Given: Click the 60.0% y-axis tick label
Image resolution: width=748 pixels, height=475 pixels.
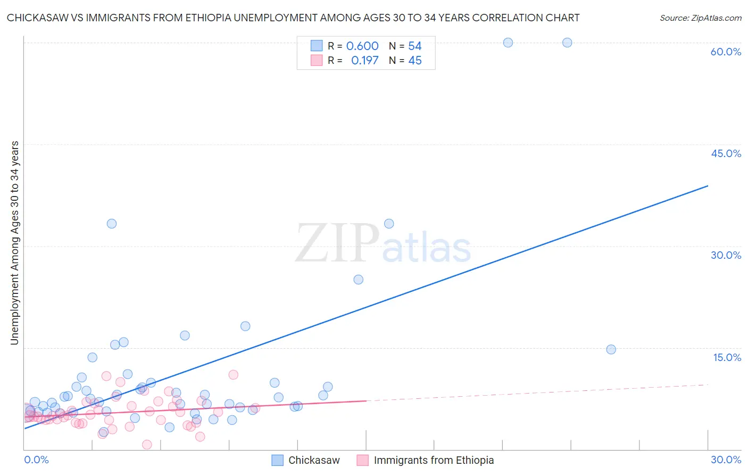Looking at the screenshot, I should pos(726,52).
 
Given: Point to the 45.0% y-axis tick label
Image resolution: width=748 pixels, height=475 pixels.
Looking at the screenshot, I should pos(726,153).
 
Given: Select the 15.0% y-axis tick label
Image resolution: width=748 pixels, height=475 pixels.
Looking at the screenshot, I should pos(727,357).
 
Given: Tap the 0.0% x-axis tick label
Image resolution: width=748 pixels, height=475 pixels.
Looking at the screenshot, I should pos(36,460).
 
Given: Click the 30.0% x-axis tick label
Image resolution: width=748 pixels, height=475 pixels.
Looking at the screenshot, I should pos(726,460).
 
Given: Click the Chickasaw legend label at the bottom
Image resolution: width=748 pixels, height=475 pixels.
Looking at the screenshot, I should pos(314,460).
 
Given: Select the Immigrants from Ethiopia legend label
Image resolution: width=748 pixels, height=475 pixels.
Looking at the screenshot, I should pos(434,460).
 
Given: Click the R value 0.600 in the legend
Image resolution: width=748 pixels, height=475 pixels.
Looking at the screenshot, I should pos(362,46).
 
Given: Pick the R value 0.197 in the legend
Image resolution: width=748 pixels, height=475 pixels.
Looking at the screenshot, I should pos(364,60).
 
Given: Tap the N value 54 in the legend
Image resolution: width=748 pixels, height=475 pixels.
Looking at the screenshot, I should pos(414,46).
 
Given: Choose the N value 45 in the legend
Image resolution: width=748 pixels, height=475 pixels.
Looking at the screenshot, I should pos(414,60).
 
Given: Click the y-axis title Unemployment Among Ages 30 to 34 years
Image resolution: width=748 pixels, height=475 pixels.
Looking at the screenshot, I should pos(14,243).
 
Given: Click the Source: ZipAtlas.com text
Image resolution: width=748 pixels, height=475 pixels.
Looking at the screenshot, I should pos(700,18).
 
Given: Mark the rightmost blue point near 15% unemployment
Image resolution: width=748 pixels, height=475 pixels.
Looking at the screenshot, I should pos(611,349).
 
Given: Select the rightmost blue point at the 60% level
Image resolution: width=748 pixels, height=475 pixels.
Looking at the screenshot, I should pos(567,43).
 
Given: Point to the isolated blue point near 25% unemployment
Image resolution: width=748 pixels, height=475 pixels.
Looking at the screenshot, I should pos(359,280).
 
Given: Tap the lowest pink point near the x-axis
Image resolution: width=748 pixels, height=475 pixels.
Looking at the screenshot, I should pos(147,445).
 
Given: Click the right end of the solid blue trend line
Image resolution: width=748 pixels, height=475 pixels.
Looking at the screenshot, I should pos(708,186).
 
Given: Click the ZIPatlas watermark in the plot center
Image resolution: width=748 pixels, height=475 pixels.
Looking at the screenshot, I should pos(383,244).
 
